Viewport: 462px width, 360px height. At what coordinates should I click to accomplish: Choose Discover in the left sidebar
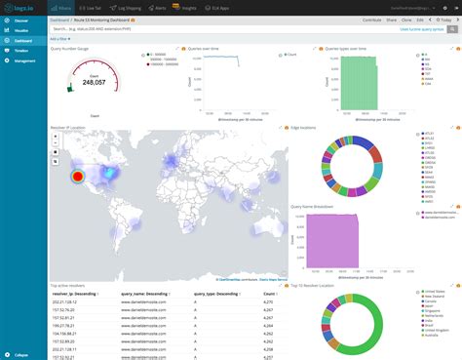(x=20, y=19)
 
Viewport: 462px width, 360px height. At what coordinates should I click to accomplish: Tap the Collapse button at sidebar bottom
(x=19, y=354)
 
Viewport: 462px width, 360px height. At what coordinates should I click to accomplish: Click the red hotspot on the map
(x=77, y=177)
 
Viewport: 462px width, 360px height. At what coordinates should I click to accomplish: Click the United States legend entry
(x=434, y=291)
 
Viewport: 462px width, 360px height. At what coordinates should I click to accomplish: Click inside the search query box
(x=195, y=29)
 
